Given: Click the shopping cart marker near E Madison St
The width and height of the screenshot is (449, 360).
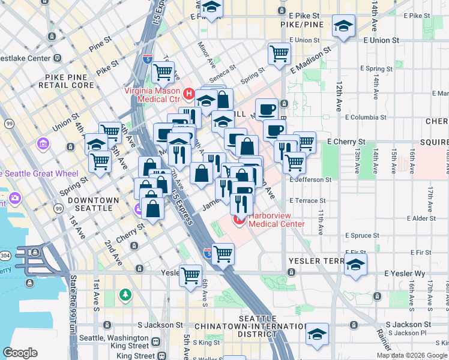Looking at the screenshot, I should pyautogui.click(x=280, y=53).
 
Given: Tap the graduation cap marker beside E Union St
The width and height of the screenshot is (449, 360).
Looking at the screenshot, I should pyautogui.click(x=344, y=26).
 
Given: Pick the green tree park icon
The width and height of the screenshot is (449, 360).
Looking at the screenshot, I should pyautogui.click(x=125, y=295).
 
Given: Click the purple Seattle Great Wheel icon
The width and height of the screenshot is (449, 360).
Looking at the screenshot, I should pyautogui.click(x=14, y=197).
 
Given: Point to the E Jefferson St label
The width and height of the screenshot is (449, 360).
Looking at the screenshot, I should pyautogui.click(x=310, y=179).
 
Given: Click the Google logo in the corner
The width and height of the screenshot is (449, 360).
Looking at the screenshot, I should pyautogui.click(x=20, y=353).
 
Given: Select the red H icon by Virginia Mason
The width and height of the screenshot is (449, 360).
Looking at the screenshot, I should pyautogui.click(x=188, y=94).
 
